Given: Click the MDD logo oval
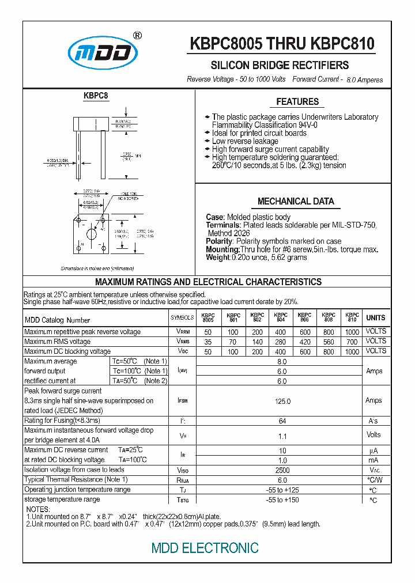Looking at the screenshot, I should [103, 55].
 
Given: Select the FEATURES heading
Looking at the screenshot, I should [297, 102].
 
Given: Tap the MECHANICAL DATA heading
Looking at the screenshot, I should [296, 202].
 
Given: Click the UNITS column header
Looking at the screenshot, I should [376, 317].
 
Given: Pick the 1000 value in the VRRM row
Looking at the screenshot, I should [352, 332].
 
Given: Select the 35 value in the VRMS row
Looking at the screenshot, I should [207, 342].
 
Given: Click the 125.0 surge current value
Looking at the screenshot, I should [282, 400].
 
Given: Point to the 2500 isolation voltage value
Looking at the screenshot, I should [282, 470].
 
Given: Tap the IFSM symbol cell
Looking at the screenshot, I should [182, 400].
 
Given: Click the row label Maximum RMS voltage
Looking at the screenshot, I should [57, 342].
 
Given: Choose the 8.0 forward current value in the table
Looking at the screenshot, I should [282, 362].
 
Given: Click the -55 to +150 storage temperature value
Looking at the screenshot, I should [282, 499].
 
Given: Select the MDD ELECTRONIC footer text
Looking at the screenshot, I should [205, 548].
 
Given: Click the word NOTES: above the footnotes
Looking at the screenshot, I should [39, 509].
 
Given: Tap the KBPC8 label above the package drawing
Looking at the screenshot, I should [96, 96].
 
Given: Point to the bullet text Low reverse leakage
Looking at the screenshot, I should [245, 141].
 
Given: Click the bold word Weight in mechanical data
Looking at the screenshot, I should [217, 258].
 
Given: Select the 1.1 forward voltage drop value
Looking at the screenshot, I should [282, 436].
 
